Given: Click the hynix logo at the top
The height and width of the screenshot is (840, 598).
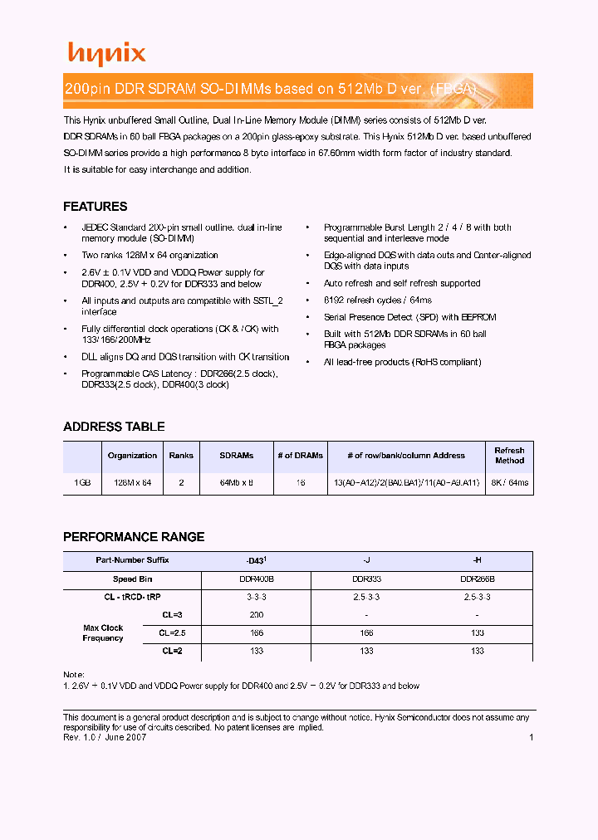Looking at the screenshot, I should click(106, 54).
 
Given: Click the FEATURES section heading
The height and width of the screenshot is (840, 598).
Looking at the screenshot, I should click(96, 207).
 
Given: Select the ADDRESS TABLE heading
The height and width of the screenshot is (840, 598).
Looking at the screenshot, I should click(114, 427).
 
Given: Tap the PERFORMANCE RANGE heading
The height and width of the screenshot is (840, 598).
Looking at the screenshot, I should click(134, 537).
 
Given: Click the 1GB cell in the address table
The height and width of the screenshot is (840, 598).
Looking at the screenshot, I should click(82, 482).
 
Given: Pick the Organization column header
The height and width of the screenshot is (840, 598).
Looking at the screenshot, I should click(132, 456).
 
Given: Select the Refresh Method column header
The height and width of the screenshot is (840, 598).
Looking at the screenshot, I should click(509, 456).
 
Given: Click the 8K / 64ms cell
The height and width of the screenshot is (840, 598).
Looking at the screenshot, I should click(509, 482).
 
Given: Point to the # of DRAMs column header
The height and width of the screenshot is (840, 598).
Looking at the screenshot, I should click(297, 456).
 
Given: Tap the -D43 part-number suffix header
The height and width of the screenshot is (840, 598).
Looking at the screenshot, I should click(256, 560).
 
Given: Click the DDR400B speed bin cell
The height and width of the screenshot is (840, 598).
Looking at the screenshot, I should click(256, 579).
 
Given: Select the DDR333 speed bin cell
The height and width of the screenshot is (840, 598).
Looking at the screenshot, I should click(366, 579).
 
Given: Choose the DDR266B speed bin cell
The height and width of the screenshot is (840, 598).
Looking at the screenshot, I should click(478, 579).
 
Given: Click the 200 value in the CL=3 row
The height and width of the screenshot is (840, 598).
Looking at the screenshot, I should click(256, 615).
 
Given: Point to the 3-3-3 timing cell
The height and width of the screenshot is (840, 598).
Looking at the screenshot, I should click(256, 597).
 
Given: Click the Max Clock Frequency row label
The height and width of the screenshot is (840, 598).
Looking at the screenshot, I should click(103, 633).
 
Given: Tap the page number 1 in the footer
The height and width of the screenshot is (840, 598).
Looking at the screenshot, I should click(530, 737).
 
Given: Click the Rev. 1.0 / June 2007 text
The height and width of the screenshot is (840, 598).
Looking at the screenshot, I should click(105, 737).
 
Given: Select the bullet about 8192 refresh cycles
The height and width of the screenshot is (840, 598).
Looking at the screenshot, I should click(378, 300).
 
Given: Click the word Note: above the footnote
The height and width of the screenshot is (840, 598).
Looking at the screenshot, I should click(74, 675).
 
